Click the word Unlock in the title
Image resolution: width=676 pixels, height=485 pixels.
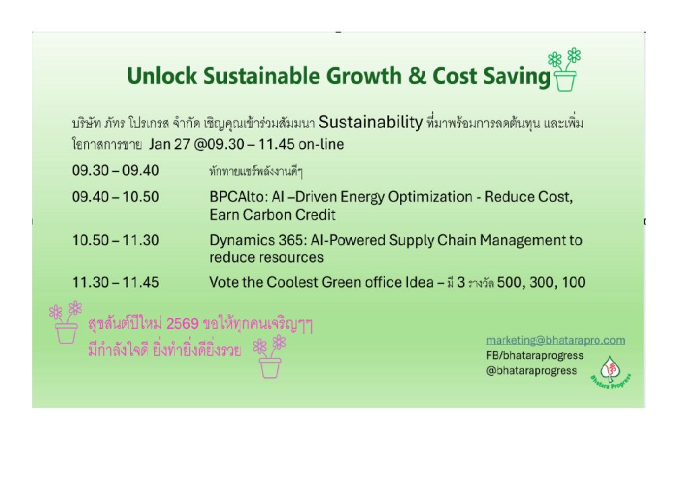pyautogui.click(x=162, y=76)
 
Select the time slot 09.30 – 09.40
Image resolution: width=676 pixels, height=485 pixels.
pyautogui.click(x=116, y=170)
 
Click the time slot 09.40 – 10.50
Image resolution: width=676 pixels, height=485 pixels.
pyautogui.click(x=116, y=197)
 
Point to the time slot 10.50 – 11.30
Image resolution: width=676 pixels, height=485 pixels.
pyautogui.click(x=116, y=240)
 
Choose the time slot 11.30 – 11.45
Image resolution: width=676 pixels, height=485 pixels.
pyautogui.click(x=116, y=282)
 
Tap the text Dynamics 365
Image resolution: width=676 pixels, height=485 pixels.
pyautogui.click(x=257, y=240)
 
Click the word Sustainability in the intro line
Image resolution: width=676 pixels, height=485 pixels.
pyautogui.click(x=370, y=123)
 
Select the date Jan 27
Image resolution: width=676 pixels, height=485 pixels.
pyautogui.click(x=170, y=144)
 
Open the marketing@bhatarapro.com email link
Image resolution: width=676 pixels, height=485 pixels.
pyautogui.click(x=555, y=340)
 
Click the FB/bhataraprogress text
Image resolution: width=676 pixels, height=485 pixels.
pyautogui.click(x=535, y=356)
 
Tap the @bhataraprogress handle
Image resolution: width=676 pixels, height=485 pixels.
pyautogui.click(x=531, y=370)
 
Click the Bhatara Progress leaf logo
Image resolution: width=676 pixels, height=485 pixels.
pyautogui.click(x=611, y=371)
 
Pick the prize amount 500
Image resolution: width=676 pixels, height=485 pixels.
pyautogui.click(x=509, y=282)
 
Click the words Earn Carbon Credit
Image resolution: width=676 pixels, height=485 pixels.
pyautogui.click(x=273, y=214)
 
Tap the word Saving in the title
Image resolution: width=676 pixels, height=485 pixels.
pyautogui.click(x=517, y=77)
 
